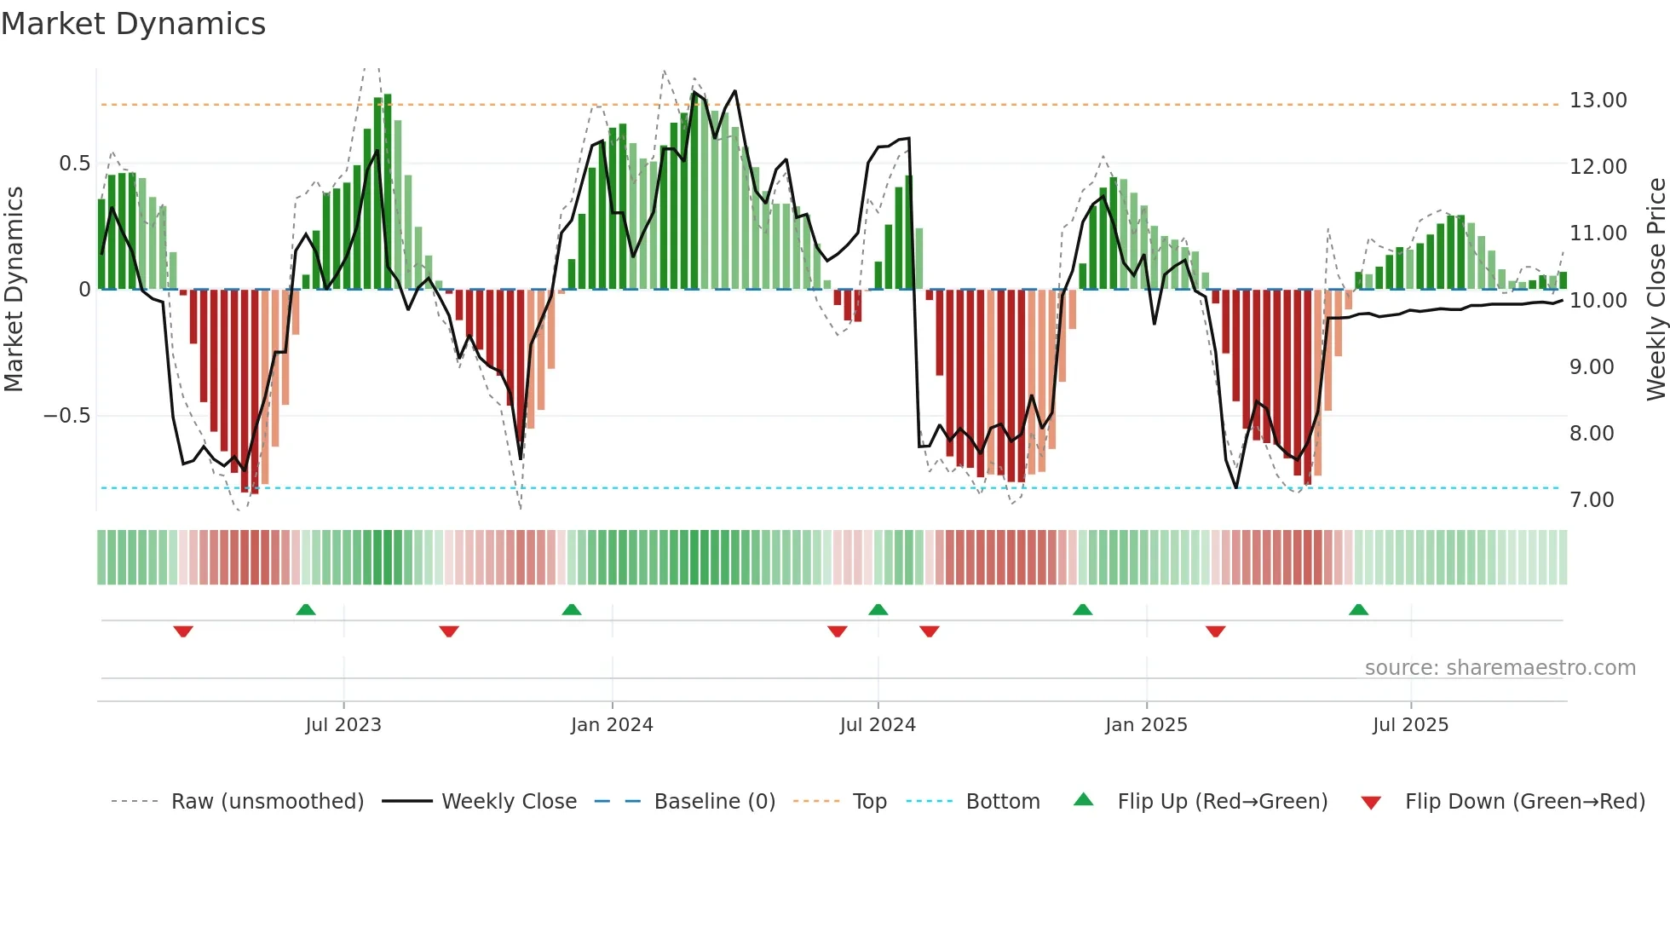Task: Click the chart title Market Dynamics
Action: tap(133, 24)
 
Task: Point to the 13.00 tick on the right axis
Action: tap(1598, 101)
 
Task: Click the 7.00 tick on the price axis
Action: tap(1592, 500)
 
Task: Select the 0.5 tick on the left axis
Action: tap(74, 164)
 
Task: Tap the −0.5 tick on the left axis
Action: tap(66, 416)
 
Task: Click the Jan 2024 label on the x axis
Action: tap(611, 725)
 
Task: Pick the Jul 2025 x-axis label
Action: tap(1410, 725)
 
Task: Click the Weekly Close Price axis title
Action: tap(1656, 290)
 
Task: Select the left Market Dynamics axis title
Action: tap(14, 290)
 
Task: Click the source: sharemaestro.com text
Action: tap(1500, 668)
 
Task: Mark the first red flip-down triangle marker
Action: tap(183, 631)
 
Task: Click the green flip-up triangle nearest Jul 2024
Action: tap(878, 609)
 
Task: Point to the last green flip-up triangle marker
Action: tap(1358, 609)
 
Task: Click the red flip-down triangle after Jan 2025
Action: tap(1215, 631)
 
